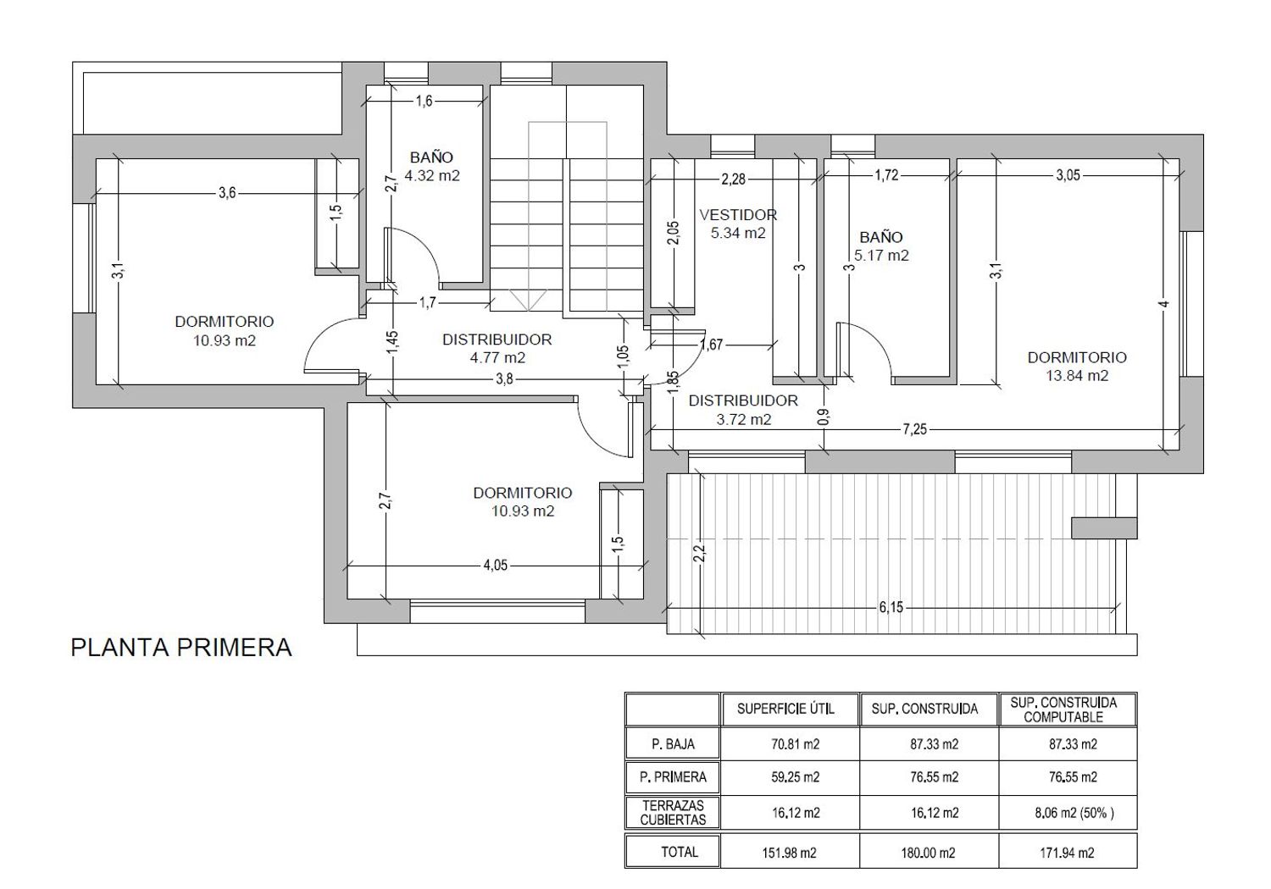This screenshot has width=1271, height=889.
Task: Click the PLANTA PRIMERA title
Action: (181, 648)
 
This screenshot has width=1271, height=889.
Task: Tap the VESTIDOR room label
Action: (738, 215)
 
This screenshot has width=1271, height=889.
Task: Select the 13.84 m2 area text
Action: (1077, 376)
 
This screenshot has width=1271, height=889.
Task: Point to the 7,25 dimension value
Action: (914, 429)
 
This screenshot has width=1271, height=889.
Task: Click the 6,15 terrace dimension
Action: (891, 608)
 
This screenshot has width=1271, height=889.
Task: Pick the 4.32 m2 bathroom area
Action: (432, 176)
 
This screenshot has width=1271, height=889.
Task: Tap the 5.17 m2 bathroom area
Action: (881, 256)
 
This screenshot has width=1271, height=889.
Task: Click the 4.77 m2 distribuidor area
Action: (497, 358)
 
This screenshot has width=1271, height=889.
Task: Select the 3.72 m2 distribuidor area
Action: (743, 420)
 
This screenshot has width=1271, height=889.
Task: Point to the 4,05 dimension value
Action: (496, 566)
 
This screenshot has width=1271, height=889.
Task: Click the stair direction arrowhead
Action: (528, 301)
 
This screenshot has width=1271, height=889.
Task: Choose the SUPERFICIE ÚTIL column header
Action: (785, 709)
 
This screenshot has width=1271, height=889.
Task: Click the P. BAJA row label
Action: (673, 744)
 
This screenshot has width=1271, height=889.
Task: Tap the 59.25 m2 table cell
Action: (795, 776)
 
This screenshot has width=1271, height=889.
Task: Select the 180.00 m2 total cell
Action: (928, 853)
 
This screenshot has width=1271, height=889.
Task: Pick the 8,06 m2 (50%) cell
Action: (1074, 813)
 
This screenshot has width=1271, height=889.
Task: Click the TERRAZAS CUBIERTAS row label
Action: (673, 813)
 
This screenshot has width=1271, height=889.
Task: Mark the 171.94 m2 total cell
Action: (1067, 853)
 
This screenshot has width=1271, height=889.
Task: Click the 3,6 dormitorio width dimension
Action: (227, 193)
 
